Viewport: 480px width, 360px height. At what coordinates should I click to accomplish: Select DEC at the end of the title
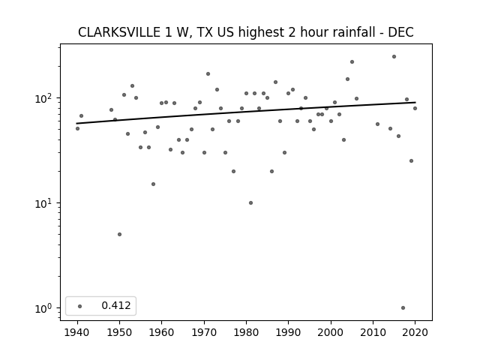pos(401,32)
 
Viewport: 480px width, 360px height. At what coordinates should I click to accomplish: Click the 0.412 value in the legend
pos(116,305)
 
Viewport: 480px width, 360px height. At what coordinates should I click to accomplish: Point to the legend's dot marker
pos(80,306)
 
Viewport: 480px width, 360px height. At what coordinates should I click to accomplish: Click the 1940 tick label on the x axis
pos(77,332)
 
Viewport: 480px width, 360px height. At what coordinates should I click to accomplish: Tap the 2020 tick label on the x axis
pos(415,332)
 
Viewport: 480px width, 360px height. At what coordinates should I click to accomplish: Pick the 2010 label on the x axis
pos(373,332)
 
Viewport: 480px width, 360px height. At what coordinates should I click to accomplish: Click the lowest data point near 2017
pos(403,308)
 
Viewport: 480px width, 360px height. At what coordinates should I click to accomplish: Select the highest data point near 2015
pos(394,57)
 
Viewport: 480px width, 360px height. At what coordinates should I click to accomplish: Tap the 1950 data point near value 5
pos(120,235)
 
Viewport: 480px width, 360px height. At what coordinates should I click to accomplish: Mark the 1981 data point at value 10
pos(250,203)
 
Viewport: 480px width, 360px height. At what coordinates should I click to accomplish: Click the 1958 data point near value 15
pos(153,184)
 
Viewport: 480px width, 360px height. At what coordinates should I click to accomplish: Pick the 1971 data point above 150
pos(208,73)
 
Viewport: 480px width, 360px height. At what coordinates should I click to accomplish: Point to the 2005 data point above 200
pos(352,61)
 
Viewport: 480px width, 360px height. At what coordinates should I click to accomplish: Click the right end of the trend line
pos(415,102)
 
